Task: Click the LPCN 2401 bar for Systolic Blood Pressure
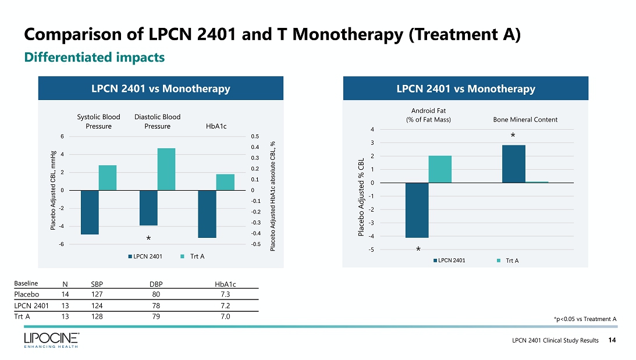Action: [90, 212]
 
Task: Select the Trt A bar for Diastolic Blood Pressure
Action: [166, 169]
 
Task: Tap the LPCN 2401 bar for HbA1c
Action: [207, 214]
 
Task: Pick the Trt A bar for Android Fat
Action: [440, 169]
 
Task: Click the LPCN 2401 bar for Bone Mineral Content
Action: [513, 164]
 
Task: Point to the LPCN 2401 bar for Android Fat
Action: [417, 210]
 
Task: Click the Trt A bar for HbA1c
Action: [225, 182]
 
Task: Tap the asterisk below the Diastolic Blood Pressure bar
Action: [148, 239]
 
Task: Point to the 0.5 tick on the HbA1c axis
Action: [255, 136]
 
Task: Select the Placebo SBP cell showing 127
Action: [97, 294]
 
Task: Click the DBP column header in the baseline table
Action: [155, 284]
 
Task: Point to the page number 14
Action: [612, 340]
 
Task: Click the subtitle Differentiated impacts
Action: [94, 58]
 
